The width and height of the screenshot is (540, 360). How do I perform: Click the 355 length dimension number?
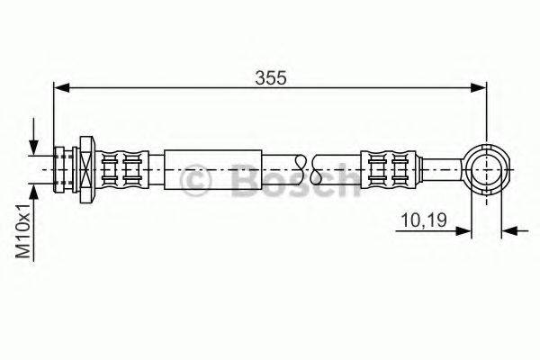coord(271,78)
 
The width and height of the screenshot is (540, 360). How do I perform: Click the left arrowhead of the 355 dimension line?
coord(61,87)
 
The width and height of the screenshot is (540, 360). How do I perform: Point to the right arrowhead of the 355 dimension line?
coord(479,87)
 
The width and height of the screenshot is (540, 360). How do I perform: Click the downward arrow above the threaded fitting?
coord(34,144)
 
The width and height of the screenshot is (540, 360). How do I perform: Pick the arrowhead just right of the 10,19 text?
coord(465,230)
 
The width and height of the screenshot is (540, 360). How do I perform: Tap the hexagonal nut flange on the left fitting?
coord(86,167)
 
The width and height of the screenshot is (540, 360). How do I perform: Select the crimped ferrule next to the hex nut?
coord(122,167)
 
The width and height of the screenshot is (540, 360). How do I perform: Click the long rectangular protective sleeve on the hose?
coord(212,167)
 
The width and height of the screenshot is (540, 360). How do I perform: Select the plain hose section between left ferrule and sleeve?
coord(155,167)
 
